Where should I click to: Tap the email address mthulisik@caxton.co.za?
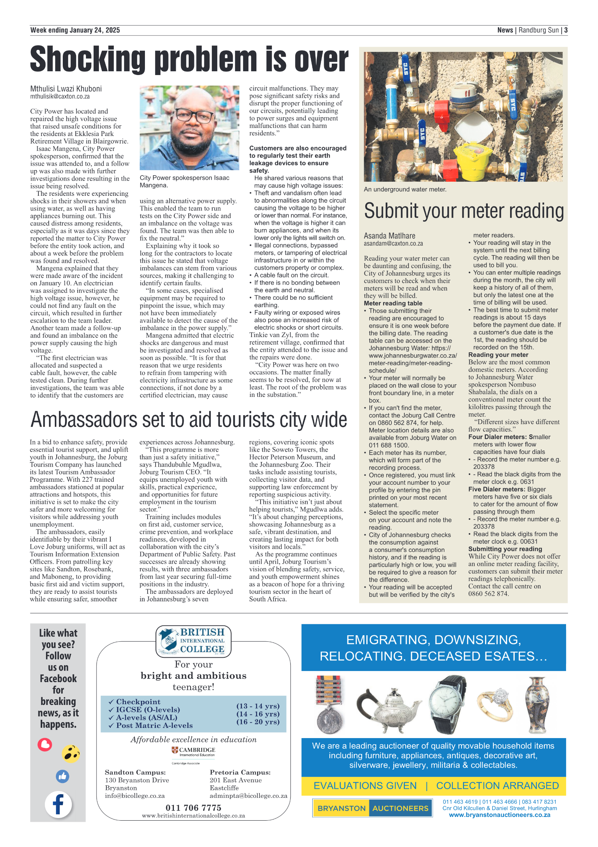[x=60, y=97]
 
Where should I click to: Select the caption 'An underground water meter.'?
[x=405, y=189]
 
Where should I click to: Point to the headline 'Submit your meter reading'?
[x=463, y=211]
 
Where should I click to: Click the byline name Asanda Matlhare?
[x=389, y=236]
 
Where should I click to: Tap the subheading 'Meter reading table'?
[x=393, y=303]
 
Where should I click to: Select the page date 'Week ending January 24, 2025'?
[x=75, y=30]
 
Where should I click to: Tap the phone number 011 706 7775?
[x=193, y=807]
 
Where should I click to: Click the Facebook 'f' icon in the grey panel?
[x=58, y=805]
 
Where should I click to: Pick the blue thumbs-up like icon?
[x=62, y=776]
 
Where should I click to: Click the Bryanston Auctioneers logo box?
[x=372, y=808]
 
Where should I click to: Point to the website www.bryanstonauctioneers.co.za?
[x=499, y=815]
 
